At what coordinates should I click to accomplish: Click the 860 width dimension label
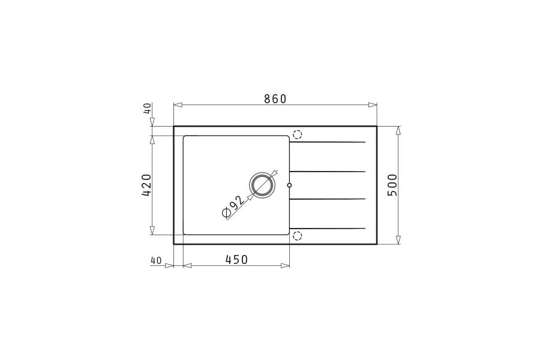[275, 99]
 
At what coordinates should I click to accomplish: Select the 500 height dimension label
[392, 185]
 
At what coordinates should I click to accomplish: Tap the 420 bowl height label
[146, 185]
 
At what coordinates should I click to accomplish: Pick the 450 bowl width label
[236, 259]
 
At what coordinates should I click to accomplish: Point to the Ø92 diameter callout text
[233, 208]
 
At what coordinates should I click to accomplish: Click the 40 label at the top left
[147, 109]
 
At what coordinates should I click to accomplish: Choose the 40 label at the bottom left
[155, 261]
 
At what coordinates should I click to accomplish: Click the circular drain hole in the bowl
[262, 185]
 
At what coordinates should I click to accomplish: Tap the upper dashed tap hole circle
[297, 134]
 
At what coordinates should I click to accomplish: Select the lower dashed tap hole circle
[297, 236]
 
